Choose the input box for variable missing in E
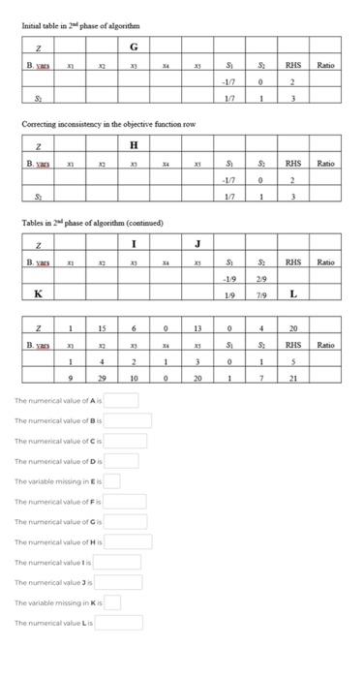(x=112, y=480)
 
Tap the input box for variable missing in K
(x=112, y=602)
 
